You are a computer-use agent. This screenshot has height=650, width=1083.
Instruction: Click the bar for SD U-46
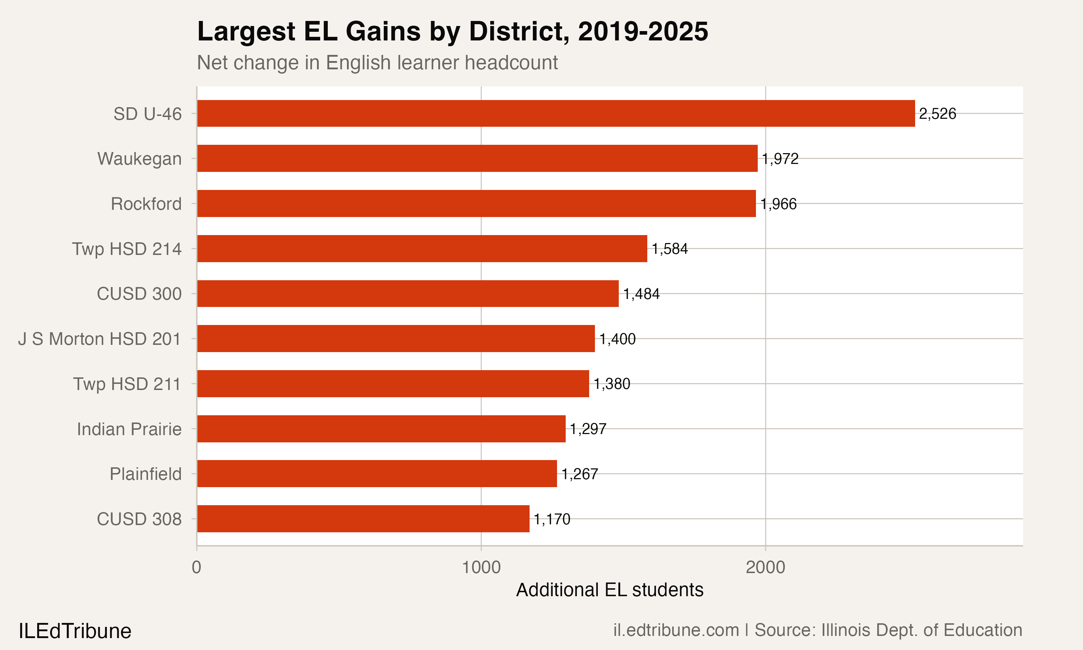[556, 113]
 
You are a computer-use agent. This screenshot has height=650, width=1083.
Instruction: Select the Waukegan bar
[477, 159]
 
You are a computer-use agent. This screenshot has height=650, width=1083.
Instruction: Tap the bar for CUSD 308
[363, 519]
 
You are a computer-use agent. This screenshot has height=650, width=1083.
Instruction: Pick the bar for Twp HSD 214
[422, 248]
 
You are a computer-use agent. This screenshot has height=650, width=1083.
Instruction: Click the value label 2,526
[937, 114]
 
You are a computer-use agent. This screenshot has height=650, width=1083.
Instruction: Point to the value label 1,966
[778, 204]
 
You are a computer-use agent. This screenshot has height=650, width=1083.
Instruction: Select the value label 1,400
[617, 339]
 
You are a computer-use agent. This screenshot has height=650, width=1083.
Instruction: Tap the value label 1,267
[579, 474]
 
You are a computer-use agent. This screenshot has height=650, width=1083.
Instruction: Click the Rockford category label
[146, 204]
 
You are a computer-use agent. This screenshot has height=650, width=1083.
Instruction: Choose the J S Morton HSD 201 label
[99, 339]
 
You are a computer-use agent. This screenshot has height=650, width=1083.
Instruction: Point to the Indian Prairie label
[129, 429]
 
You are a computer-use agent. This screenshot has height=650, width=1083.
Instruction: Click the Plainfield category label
[145, 474]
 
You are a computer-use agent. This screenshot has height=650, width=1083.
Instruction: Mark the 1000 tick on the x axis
[481, 568]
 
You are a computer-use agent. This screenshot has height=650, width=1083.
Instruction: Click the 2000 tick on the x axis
[765, 568]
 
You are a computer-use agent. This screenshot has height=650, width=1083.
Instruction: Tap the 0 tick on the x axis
[196, 568]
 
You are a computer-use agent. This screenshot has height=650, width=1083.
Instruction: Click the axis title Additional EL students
[609, 590]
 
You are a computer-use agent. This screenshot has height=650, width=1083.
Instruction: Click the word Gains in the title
[383, 31]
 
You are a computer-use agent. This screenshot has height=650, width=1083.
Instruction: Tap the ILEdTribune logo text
[75, 631]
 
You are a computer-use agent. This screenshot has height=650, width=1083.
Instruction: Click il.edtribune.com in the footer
[675, 630]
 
